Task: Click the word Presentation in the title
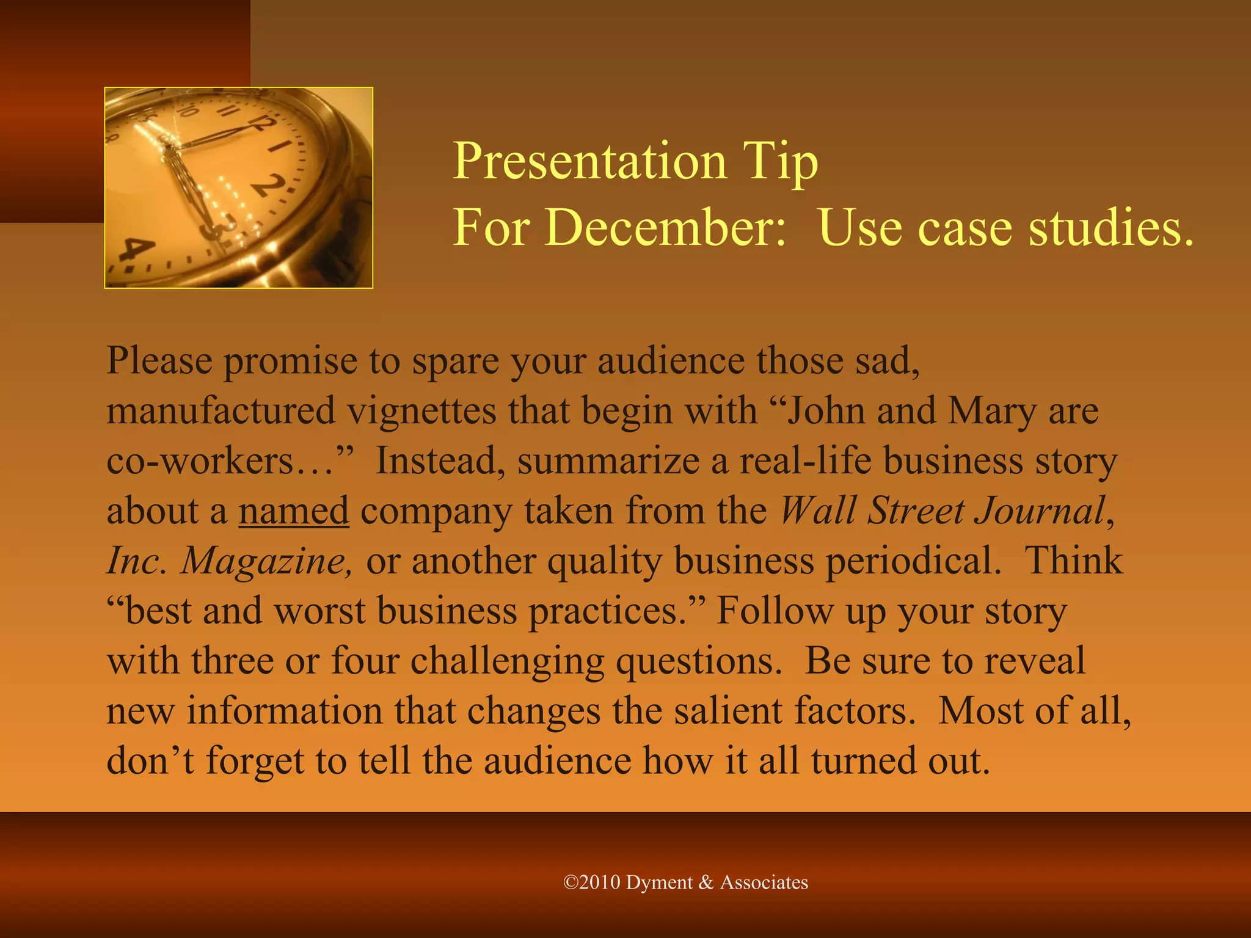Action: point(589,161)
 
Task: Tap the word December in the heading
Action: point(665,227)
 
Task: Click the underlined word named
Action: point(294,511)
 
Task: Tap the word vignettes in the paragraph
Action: point(422,410)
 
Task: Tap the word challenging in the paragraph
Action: point(507,661)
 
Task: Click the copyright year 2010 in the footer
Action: point(599,882)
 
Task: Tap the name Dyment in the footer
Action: point(660,882)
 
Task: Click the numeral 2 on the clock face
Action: point(269,186)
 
